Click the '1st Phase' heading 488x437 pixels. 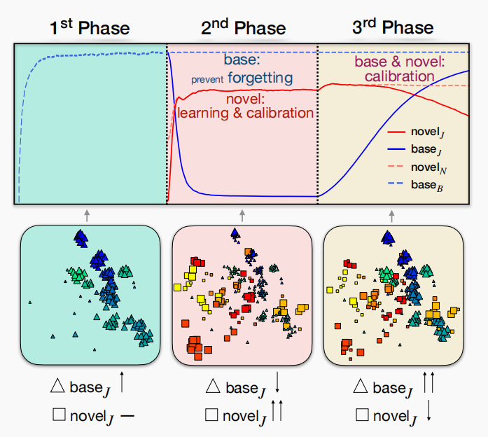[89, 28]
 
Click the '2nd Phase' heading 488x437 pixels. [242, 28]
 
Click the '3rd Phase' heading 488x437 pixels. [392, 28]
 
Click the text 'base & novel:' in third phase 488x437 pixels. [398, 62]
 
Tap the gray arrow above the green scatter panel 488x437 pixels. [88, 214]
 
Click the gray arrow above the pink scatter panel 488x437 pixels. [242, 214]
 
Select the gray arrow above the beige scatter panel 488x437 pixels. [393, 214]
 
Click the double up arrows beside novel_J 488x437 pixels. [278, 411]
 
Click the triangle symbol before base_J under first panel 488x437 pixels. [59, 385]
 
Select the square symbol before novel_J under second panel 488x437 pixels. [211, 415]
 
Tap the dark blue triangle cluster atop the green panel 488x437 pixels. [81, 239]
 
